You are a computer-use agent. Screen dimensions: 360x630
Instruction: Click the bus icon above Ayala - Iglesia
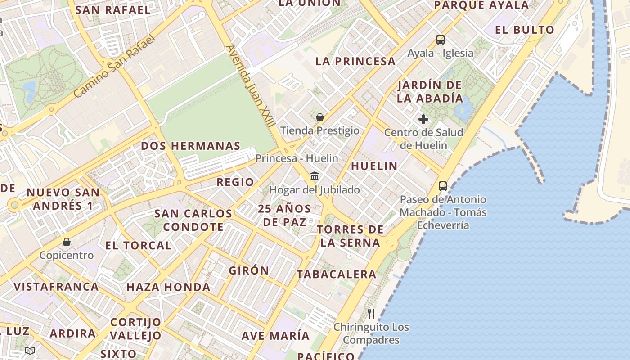(x=441, y=40)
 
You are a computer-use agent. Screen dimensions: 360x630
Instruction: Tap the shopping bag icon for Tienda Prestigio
(x=320, y=118)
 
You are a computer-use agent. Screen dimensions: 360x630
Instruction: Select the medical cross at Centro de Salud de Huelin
(x=423, y=119)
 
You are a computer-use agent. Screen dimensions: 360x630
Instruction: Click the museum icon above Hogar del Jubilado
(x=315, y=176)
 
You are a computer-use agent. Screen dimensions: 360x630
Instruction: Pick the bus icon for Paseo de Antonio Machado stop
(x=443, y=186)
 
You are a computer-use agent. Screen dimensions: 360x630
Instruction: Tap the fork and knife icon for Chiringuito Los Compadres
(x=371, y=314)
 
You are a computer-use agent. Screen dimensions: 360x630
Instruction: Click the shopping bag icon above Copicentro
(x=67, y=242)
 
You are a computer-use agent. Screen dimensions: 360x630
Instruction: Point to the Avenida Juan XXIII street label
(x=251, y=88)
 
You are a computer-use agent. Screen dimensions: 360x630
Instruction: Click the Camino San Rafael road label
(x=114, y=66)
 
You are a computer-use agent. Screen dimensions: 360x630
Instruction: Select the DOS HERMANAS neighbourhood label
(x=191, y=146)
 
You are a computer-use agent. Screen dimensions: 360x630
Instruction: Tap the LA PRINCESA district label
(x=355, y=61)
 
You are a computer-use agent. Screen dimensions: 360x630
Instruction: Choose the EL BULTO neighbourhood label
(x=525, y=30)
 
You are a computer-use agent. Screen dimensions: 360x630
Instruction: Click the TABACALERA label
(x=337, y=274)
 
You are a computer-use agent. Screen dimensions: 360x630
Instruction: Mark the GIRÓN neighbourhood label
(x=249, y=270)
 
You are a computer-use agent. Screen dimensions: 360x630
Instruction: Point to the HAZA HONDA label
(x=168, y=287)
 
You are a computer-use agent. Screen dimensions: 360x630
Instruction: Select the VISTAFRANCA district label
(x=56, y=287)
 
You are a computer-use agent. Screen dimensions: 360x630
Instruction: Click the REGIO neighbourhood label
(x=235, y=182)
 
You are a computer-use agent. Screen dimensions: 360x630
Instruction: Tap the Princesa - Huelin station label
(x=297, y=158)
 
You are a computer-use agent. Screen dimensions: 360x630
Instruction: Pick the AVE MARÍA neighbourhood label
(x=275, y=336)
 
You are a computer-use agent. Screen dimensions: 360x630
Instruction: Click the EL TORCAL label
(x=138, y=246)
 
